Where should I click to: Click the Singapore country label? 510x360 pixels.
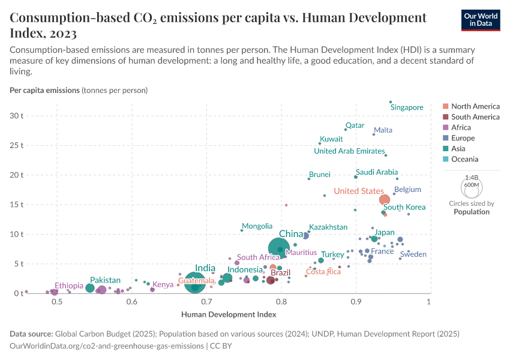point(407,107)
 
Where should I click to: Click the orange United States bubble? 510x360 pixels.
point(385,200)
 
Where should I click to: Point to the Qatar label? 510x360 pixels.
point(355,125)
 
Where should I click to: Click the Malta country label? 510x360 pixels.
point(383,130)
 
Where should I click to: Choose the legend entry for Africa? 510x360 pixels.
point(461,127)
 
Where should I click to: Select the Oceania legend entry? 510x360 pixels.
point(464,159)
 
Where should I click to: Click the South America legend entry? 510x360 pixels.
point(475,117)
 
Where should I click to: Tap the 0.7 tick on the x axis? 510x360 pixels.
point(207,302)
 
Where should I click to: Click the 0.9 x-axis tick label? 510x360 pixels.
point(356,302)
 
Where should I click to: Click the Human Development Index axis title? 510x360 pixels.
point(220,314)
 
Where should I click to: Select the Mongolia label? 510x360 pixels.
point(257,226)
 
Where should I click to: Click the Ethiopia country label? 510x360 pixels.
point(69,286)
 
